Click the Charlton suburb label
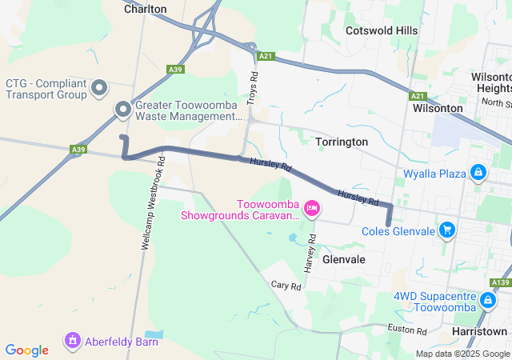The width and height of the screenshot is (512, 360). coord(145,9)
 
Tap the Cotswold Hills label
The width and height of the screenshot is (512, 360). coord(381,30)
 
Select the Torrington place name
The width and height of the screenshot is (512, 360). coord(342,142)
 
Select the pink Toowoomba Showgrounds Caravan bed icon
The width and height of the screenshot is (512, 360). coord(312,210)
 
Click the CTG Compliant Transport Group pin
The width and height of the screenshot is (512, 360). coord(99,88)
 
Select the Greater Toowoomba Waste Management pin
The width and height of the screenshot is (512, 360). coord(122,110)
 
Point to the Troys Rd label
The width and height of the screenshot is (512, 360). coord(253,86)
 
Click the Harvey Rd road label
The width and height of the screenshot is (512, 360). coord(311,251)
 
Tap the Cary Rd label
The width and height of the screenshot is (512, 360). coord(286,285)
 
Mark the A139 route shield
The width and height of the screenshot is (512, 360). coord(501,282)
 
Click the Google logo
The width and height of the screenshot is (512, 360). coord(26,350)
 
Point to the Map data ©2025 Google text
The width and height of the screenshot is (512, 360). coord(462,354)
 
